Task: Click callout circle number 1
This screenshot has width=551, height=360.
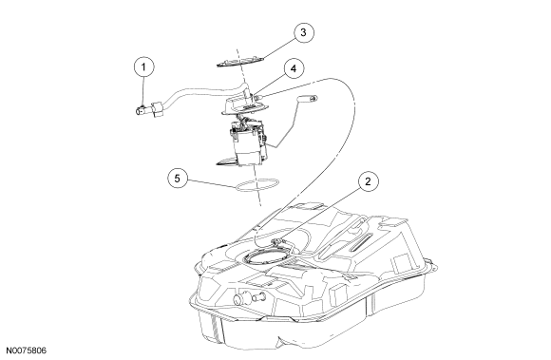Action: coord(143,66)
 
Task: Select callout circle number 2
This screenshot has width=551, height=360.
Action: coord(368,181)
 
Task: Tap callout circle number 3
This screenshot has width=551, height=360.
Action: coord(303,32)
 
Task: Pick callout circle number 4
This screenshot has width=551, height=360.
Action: coord(294,68)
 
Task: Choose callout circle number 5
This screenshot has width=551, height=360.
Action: coord(177,179)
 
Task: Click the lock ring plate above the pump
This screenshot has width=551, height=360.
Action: coord(240,62)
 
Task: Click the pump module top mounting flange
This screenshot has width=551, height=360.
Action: coord(245,105)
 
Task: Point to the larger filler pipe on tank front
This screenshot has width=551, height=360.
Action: coord(240,299)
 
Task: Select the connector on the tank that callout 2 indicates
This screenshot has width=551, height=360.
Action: coord(277,240)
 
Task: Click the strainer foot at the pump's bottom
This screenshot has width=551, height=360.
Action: coord(227,161)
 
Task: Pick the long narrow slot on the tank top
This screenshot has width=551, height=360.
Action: coord(360,242)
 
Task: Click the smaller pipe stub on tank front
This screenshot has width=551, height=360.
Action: coord(259,297)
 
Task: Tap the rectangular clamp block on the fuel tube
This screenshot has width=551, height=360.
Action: coord(158,108)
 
